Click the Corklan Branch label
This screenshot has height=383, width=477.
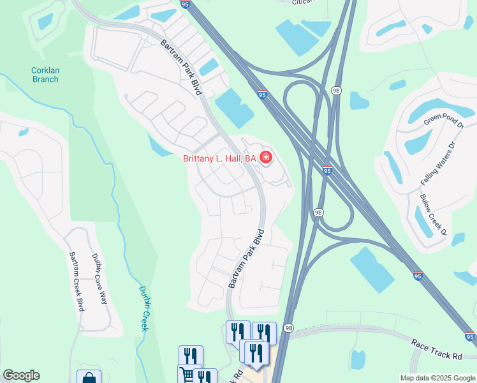coord(45,75)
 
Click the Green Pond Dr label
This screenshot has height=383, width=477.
coord(444,116)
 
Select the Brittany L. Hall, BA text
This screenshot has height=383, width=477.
coord(219,158)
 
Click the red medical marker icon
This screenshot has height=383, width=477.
coord(265,157)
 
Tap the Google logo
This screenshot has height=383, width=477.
coord(21,375)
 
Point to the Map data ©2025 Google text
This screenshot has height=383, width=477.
coord(437,378)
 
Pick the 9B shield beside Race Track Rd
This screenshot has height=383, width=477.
coord(289,328)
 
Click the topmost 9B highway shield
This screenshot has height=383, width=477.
coord(336,91)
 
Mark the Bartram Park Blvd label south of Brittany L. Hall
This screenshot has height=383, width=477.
coord(247,259)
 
